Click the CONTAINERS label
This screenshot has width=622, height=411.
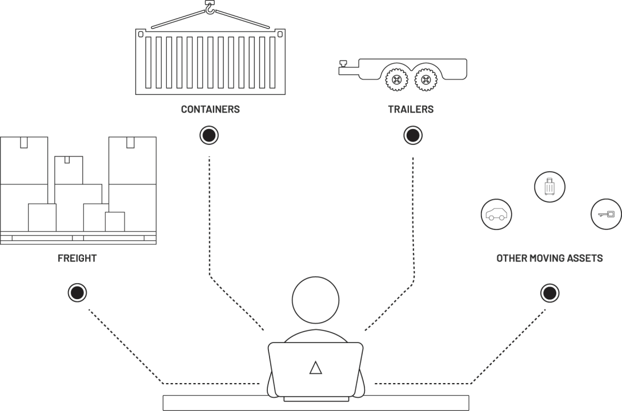[210, 109]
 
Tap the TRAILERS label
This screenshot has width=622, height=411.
[411, 109]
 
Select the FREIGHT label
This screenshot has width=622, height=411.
[77, 258]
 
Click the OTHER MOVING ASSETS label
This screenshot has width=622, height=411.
[549, 258]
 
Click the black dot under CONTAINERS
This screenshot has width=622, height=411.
[209, 135]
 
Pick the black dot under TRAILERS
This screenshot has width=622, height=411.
[412, 135]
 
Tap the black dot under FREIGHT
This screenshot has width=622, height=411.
[77, 293]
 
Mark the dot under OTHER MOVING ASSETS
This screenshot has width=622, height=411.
[549, 293]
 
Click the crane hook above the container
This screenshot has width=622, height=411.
[210, 8]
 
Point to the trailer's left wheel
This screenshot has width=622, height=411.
[395, 79]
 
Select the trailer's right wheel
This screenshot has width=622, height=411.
[424, 79]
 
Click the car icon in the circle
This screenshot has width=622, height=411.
[496, 215]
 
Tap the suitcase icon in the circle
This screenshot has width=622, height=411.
[549, 186]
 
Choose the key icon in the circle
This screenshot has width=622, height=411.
[605, 214]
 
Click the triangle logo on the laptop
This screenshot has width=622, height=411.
[315, 368]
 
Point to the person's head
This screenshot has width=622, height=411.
[315, 300]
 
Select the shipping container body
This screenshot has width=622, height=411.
[210, 62]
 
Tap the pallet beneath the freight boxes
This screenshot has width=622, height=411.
[78, 237]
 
